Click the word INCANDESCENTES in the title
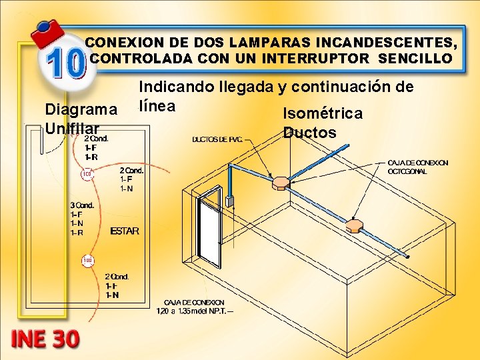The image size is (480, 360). [387, 42]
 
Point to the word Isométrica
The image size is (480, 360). [323, 113]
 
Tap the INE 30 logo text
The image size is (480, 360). [45, 338]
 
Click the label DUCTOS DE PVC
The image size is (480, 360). [217, 139]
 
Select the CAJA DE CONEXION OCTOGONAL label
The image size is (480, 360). [418, 167]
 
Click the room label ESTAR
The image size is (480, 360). [125, 231]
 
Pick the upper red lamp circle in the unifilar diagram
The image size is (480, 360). [86, 175]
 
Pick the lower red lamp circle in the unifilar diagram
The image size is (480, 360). [87, 260]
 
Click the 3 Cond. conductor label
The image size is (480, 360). [81, 205]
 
